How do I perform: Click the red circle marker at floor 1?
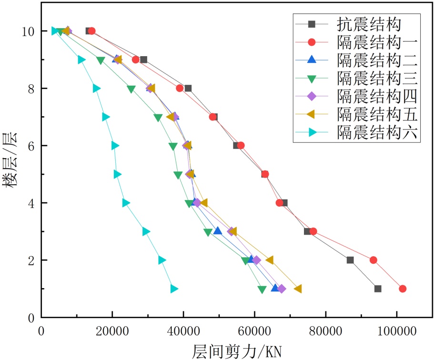[403, 289]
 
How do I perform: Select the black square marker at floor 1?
[378, 289]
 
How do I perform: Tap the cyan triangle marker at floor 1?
[174, 289]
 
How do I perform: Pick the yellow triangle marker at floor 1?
[298, 289]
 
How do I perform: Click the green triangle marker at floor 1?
[262, 289]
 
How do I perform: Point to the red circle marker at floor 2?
[373, 260]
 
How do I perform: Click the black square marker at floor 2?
[350, 260]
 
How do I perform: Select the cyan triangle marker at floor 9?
[81, 60]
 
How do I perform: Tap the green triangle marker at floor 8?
[131, 89]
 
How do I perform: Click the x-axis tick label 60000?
[254, 331]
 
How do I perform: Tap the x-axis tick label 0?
[41, 331]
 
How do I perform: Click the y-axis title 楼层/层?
[10, 160]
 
